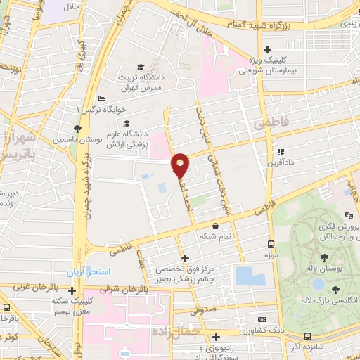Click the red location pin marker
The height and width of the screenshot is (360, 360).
(x=181, y=165)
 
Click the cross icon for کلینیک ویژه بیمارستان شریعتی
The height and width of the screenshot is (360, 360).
(x=267, y=49)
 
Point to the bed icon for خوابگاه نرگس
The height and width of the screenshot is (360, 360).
(x=102, y=98)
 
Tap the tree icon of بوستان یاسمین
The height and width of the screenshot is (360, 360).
(x=77, y=129)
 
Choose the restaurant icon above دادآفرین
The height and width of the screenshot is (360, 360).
(x=280, y=152)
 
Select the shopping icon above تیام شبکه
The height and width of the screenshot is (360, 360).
(x=215, y=226)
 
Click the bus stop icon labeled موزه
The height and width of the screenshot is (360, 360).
(x=271, y=243)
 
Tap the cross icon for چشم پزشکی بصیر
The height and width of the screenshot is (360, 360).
(x=184, y=258)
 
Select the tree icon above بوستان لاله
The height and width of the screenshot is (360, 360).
(x=323, y=258)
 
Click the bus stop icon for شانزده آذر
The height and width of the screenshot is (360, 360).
(x=308, y=335)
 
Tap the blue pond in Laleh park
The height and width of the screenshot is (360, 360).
(x=318, y=284)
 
